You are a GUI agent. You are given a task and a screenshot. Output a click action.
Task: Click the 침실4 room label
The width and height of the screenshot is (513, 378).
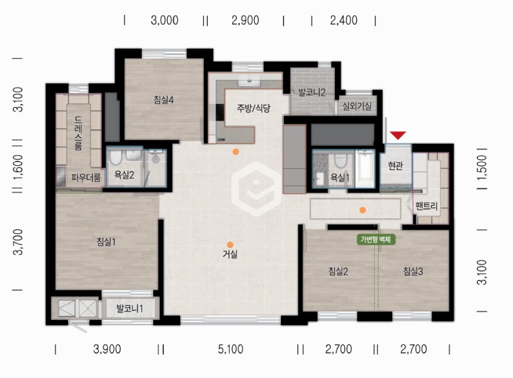[x=163, y=100]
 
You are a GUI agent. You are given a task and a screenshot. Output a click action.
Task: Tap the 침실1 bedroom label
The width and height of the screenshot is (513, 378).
[x=106, y=242]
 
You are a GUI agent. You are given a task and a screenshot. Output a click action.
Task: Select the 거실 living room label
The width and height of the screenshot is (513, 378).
[x=230, y=254]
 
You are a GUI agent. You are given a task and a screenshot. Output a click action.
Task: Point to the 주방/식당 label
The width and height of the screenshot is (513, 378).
[x=254, y=108]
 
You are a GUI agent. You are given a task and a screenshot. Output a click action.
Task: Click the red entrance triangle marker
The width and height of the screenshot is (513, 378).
[x=398, y=135]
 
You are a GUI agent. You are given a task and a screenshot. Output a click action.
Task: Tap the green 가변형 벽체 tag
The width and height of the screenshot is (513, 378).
[x=375, y=240]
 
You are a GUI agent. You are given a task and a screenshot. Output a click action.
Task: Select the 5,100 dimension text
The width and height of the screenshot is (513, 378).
[x=231, y=349]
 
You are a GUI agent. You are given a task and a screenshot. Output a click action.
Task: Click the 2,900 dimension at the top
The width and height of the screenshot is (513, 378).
[x=245, y=20]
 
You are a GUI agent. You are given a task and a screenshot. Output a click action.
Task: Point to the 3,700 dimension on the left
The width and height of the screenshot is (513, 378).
[x=18, y=242]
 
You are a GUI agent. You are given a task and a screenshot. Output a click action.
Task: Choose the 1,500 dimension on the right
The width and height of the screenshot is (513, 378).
[x=482, y=167]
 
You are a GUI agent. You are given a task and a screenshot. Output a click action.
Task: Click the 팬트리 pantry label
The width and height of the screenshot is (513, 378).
[x=426, y=206]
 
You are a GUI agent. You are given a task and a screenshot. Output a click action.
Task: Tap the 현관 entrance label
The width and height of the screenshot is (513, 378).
[x=395, y=166]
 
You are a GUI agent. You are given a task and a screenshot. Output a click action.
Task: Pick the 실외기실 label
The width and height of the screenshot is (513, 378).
[x=357, y=106]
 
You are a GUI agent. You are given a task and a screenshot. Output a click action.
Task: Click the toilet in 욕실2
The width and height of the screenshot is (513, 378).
[x=115, y=158]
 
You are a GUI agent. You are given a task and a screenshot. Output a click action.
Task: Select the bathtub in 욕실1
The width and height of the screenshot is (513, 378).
[x=365, y=168]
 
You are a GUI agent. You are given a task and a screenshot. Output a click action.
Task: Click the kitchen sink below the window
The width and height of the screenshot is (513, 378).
[x=249, y=80]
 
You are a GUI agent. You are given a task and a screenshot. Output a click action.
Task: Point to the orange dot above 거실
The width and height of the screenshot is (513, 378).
[x=230, y=245]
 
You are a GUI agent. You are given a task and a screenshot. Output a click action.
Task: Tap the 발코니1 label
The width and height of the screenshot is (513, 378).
[x=130, y=309]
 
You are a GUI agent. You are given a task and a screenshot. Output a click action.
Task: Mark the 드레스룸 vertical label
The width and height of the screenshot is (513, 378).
[x=78, y=133]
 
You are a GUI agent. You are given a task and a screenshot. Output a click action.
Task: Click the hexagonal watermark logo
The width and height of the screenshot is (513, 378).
[x=256, y=189]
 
